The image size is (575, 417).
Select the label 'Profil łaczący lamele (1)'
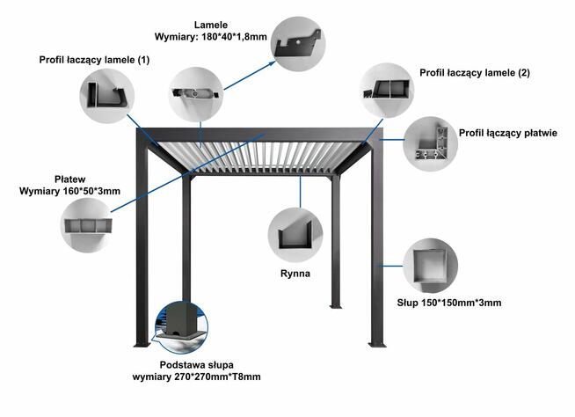pyautogui.click(x=94, y=60)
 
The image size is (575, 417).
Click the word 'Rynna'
pyautogui.click(x=295, y=274)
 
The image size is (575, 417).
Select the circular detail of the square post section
pyautogui.click(x=430, y=266)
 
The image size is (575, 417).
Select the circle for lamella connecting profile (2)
pyautogui.click(x=387, y=88)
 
